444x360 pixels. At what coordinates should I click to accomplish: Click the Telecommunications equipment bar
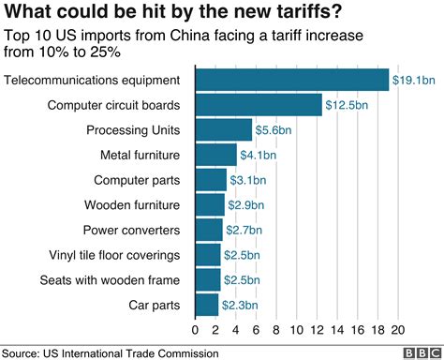click(x=291, y=80)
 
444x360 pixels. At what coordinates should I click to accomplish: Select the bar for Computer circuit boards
click(x=258, y=105)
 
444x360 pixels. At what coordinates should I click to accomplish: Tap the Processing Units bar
click(x=223, y=129)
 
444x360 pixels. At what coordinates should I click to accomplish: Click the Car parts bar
click(x=206, y=305)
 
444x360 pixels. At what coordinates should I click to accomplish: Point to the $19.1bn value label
click(x=412, y=81)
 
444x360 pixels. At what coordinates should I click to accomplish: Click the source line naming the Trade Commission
click(x=110, y=352)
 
